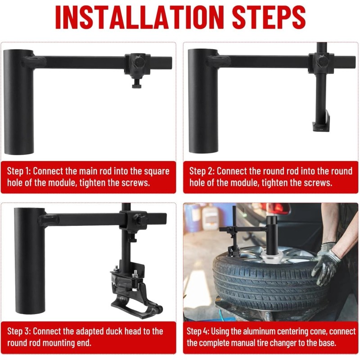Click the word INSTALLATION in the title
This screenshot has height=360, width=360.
(139, 17)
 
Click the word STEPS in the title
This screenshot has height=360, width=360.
(269, 17)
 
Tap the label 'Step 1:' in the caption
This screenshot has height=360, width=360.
(19, 171)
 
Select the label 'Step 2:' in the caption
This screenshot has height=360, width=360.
(201, 171)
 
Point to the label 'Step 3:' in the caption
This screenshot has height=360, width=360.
(19, 331)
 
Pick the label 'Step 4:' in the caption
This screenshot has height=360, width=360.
(198, 331)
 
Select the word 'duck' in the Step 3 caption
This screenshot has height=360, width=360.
(115, 331)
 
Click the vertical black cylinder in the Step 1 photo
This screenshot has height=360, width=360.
(19, 102)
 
